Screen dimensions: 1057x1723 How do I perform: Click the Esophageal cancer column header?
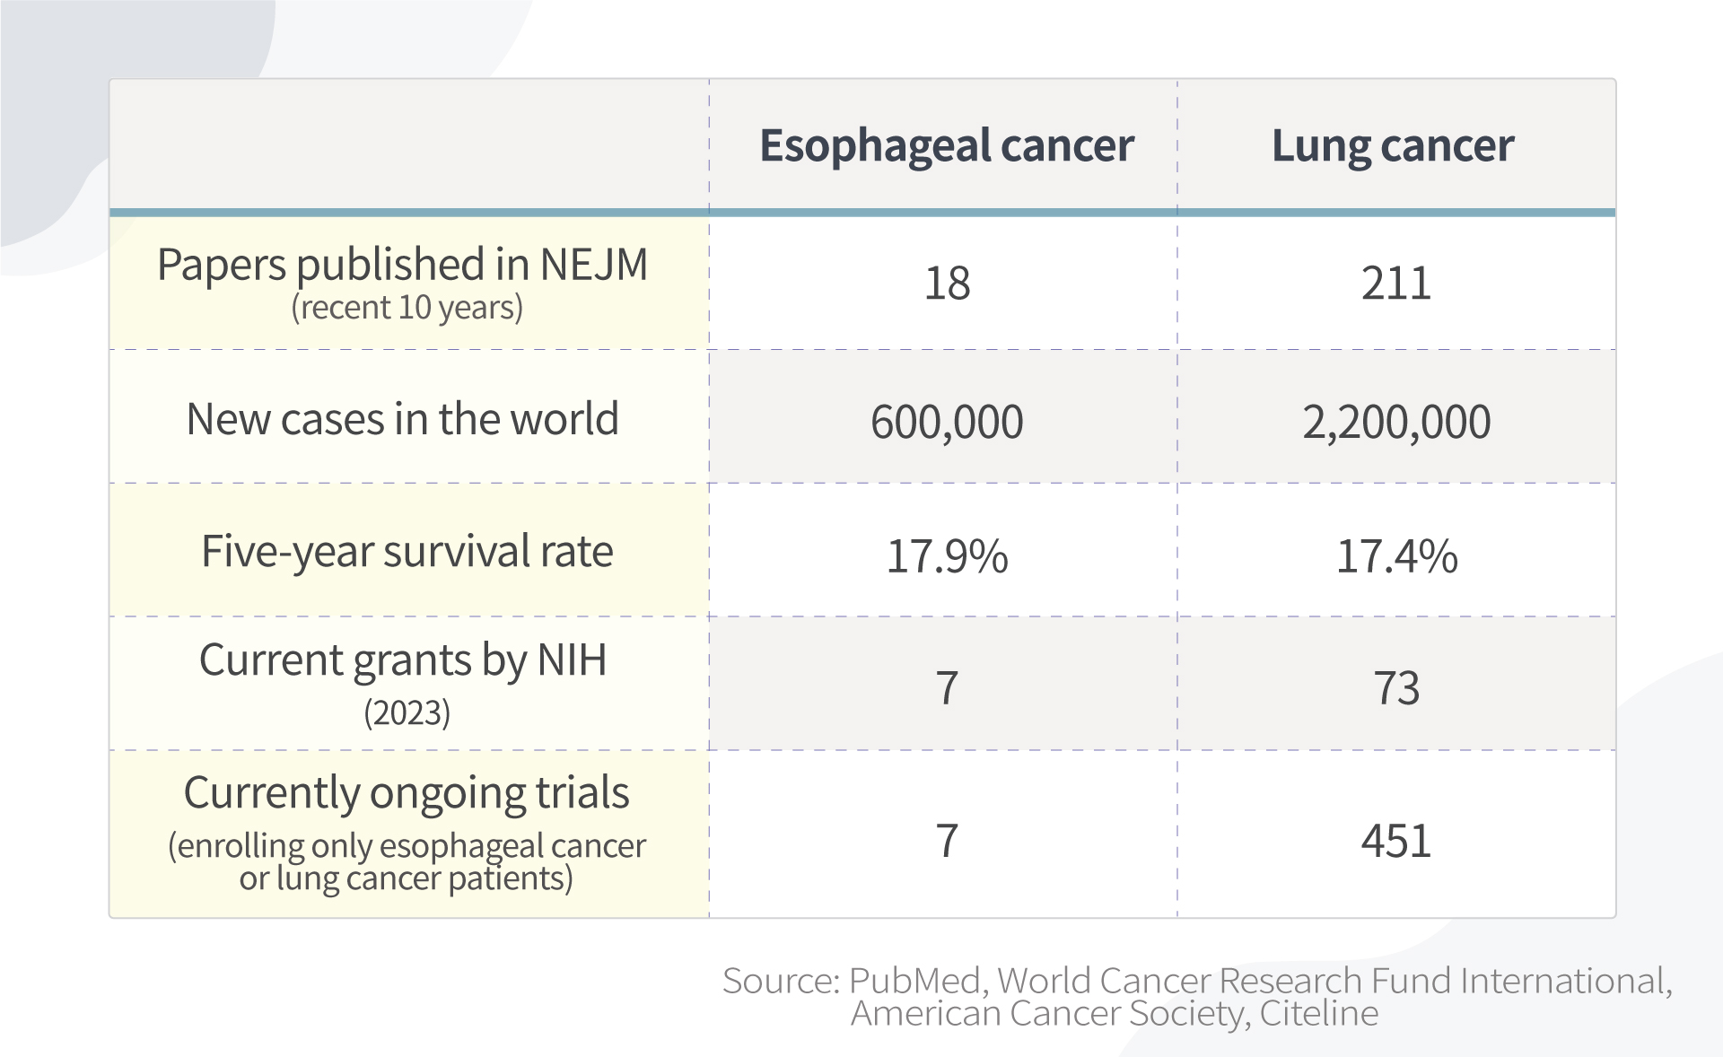click(946, 146)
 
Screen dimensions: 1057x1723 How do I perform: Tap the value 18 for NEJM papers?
click(947, 284)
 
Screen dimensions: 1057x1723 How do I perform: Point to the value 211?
click(1395, 284)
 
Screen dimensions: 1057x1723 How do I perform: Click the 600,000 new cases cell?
click(947, 422)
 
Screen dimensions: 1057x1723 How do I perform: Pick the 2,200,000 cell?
click(1395, 422)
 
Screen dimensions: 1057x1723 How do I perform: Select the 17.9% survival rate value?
click(947, 555)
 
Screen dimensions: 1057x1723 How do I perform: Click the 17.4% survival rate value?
click(1396, 555)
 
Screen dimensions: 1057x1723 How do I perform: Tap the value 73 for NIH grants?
click(1396, 688)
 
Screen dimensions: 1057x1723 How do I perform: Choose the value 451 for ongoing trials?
click(1395, 841)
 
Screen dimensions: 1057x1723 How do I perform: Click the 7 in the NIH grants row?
click(947, 688)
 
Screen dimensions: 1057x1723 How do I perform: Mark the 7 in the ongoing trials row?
click(947, 841)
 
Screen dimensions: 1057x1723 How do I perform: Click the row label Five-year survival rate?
click(407, 551)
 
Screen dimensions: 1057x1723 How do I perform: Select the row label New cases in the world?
click(402, 419)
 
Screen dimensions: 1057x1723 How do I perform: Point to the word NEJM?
click(593, 265)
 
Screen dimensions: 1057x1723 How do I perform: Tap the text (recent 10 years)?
click(407, 308)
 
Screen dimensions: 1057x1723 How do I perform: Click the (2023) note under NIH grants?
click(407, 713)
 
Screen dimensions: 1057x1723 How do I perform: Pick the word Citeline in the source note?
click(1318, 1013)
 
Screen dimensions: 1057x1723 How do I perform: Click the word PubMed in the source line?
click(915, 981)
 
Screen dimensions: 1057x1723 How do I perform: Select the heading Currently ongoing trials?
click(407, 793)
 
